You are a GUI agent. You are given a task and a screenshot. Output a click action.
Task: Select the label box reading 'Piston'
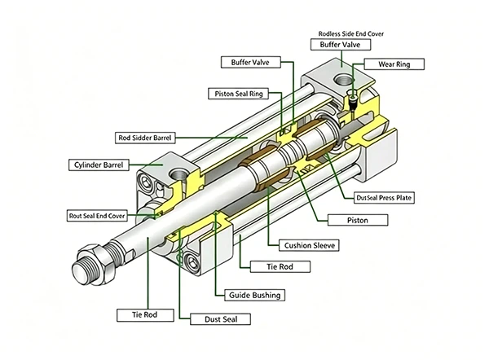[x=357, y=220]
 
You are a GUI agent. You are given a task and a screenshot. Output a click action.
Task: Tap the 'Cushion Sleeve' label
[x=308, y=244]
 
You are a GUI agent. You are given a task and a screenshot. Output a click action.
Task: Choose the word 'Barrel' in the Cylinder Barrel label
[x=112, y=165]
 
